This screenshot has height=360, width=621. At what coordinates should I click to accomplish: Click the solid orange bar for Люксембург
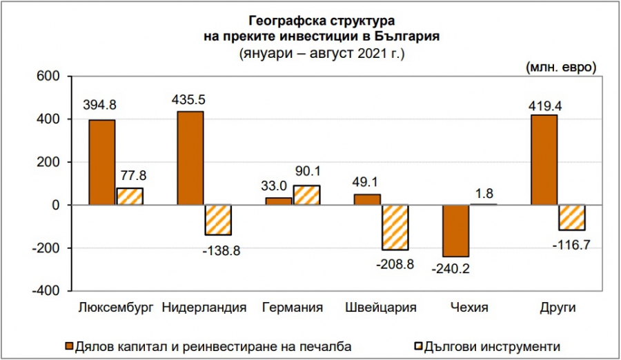102,163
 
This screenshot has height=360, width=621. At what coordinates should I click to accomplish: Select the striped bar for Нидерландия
217,220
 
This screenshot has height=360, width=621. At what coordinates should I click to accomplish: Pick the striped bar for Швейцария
395,228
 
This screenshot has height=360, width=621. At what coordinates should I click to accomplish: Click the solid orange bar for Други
544,160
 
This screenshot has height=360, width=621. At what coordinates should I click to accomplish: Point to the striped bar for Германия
306,195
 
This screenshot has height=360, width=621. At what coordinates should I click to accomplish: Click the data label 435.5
190,100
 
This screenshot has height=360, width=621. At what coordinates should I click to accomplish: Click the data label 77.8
130,176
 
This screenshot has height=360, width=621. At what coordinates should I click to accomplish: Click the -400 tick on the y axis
46,291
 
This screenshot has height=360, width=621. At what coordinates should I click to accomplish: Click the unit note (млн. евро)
560,67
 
